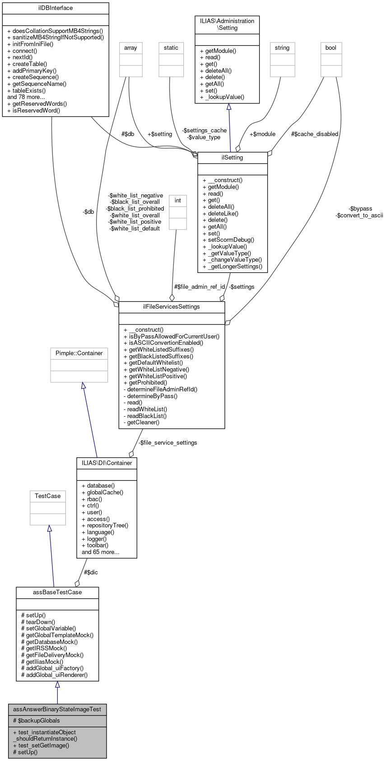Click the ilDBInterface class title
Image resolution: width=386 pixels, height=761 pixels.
(56, 8)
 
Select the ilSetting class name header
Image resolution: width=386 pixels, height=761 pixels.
(233, 158)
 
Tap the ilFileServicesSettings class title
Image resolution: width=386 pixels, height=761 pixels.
(172, 307)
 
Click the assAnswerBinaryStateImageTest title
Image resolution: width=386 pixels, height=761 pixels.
(57, 709)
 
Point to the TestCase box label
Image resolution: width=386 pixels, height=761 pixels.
(48, 496)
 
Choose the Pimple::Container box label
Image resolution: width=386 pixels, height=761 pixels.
(79, 353)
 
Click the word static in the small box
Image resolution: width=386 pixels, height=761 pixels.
(171, 48)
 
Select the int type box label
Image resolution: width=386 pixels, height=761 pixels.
(178, 201)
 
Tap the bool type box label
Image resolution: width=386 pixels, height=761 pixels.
(331, 48)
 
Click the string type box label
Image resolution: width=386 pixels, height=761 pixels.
(282, 48)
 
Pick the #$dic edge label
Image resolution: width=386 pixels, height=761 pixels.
(91, 573)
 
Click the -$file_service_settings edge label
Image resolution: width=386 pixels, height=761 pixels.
(167, 443)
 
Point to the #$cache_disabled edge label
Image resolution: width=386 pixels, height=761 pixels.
(315, 134)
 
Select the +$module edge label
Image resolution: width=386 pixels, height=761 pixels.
(262, 134)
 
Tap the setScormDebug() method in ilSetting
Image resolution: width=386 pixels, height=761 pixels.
(228, 240)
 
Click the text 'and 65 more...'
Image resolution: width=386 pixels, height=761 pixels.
(100, 552)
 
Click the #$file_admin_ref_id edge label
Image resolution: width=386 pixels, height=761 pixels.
(200, 287)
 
